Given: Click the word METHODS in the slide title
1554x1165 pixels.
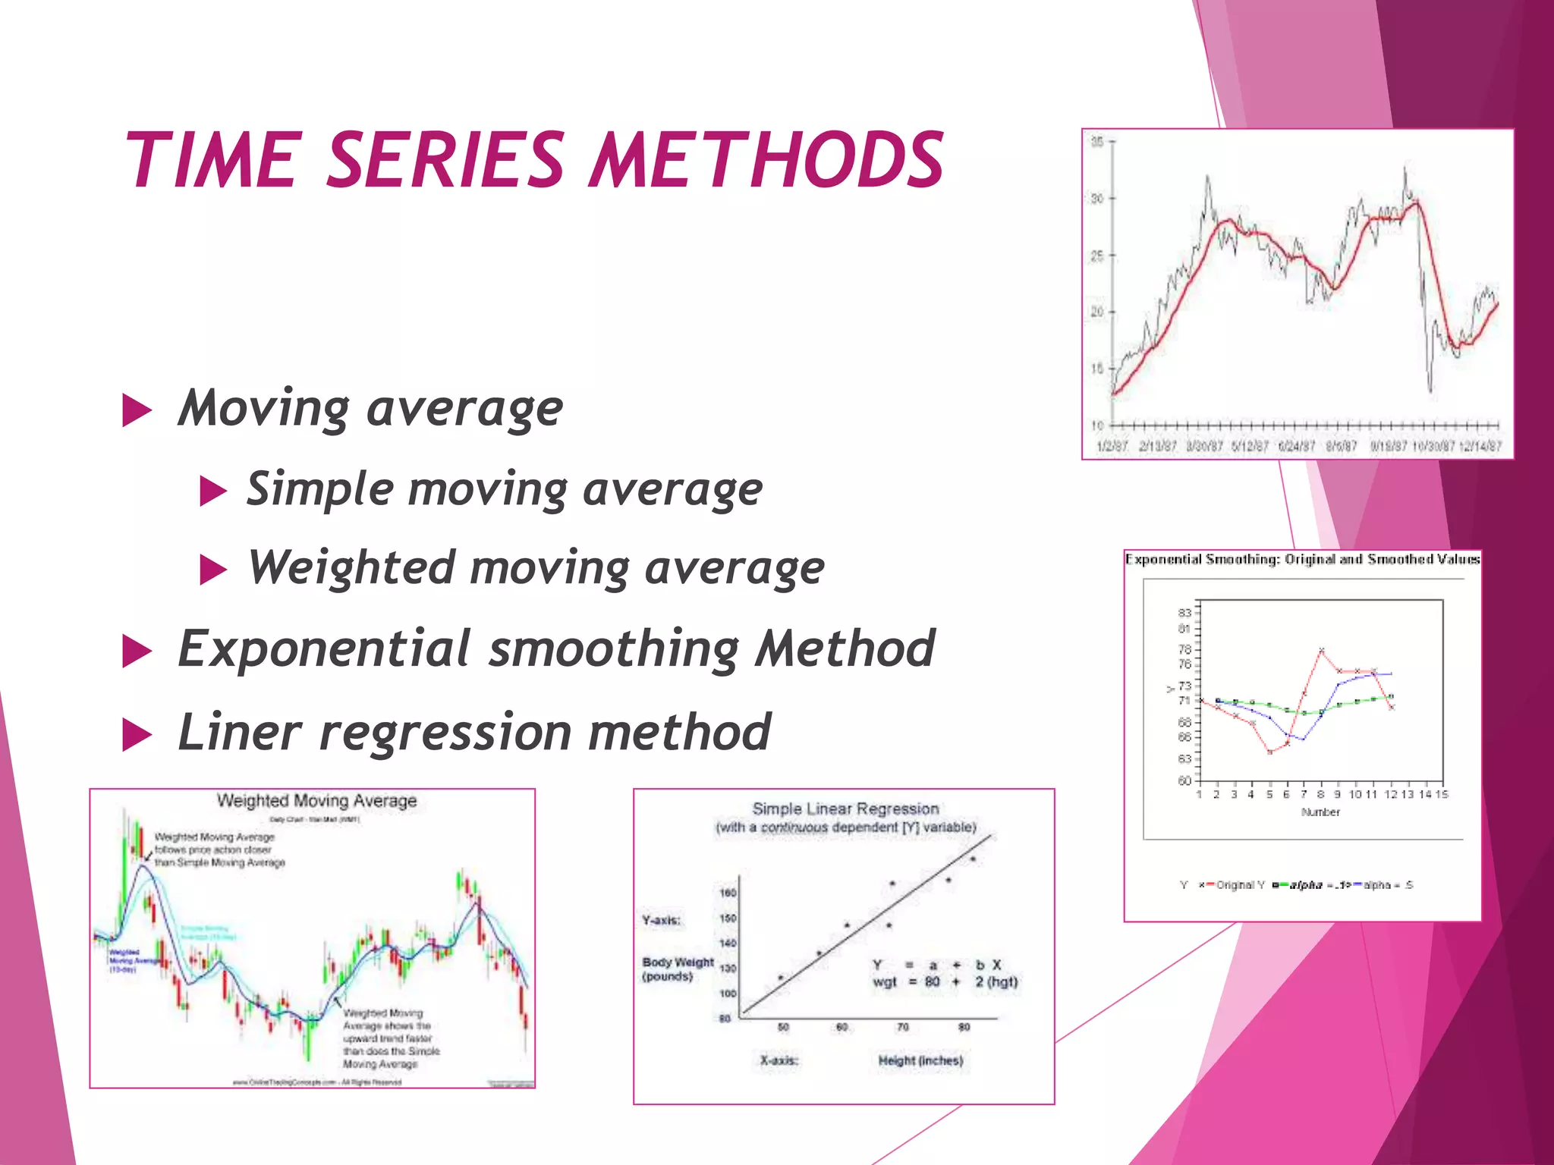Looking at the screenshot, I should coord(766,160).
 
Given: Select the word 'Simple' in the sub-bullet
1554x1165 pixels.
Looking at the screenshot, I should coord(319,488).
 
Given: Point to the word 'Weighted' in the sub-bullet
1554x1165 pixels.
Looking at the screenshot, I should coord(351,567).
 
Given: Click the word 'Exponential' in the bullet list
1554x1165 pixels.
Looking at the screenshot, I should coord(323,648).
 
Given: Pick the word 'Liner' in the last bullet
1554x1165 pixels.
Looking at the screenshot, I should coord(239,732).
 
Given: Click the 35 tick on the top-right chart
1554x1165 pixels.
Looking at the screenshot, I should coord(1097,141).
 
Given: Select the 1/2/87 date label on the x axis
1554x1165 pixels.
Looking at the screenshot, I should coord(1112,446).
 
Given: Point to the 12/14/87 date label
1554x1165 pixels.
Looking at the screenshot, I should coord(1480,446).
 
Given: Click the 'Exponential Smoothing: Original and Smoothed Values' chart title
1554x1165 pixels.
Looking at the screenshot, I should coord(1302,560).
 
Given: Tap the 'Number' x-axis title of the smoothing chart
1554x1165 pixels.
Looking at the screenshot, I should coord(1320,812).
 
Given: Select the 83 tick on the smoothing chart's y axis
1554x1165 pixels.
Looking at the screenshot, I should coord(1184,612).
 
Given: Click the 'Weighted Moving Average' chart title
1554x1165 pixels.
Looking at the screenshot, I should coord(316,801).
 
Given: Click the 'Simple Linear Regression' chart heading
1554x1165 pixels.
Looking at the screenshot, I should coord(845,809).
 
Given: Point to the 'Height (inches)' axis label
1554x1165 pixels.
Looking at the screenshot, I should coord(920,1060).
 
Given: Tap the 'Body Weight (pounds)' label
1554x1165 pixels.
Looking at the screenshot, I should coord(677,969).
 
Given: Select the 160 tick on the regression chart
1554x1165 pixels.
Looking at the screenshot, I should coord(728,893).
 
